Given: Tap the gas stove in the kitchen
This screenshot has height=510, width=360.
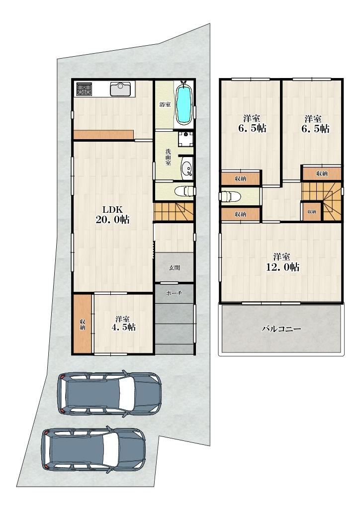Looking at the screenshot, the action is pos(84,89).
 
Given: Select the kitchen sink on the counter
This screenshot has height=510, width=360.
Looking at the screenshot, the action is pos(120,89).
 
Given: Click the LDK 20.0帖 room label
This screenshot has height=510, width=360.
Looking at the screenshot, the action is pos(112,215).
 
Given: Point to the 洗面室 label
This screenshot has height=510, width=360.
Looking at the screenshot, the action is pos(168,157).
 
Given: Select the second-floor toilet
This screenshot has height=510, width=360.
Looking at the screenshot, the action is pos(230,196).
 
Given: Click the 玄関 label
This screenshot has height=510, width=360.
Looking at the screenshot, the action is pos(175,268).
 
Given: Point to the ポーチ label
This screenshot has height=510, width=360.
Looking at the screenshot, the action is pos(174,293).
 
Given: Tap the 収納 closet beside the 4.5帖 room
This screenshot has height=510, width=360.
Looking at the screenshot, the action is pos(83,324).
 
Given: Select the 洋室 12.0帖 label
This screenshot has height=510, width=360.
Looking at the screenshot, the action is pos(282,262).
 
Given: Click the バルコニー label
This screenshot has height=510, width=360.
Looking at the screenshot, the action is pos(281,329).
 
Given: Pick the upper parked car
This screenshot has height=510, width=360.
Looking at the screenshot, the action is pos(109,392).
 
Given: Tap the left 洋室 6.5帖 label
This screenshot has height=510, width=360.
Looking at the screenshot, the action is pos(252,123).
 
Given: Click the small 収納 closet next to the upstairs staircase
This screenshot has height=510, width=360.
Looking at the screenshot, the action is pos(312,212).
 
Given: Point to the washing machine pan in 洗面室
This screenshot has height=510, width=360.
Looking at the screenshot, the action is pos(186,139).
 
